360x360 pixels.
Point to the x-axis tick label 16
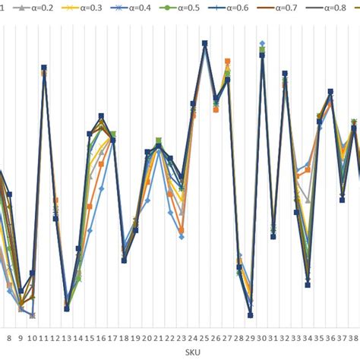(101, 339)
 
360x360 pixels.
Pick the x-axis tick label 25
(205, 339)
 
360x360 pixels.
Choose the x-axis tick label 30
(262, 339)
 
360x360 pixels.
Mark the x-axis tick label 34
(308, 339)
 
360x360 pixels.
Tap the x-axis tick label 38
(353, 339)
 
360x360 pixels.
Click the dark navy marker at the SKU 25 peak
(205, 43)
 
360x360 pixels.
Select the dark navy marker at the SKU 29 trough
(251, 314)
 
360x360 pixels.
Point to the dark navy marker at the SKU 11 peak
(44, 68)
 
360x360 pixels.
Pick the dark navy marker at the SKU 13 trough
(67, 308)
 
